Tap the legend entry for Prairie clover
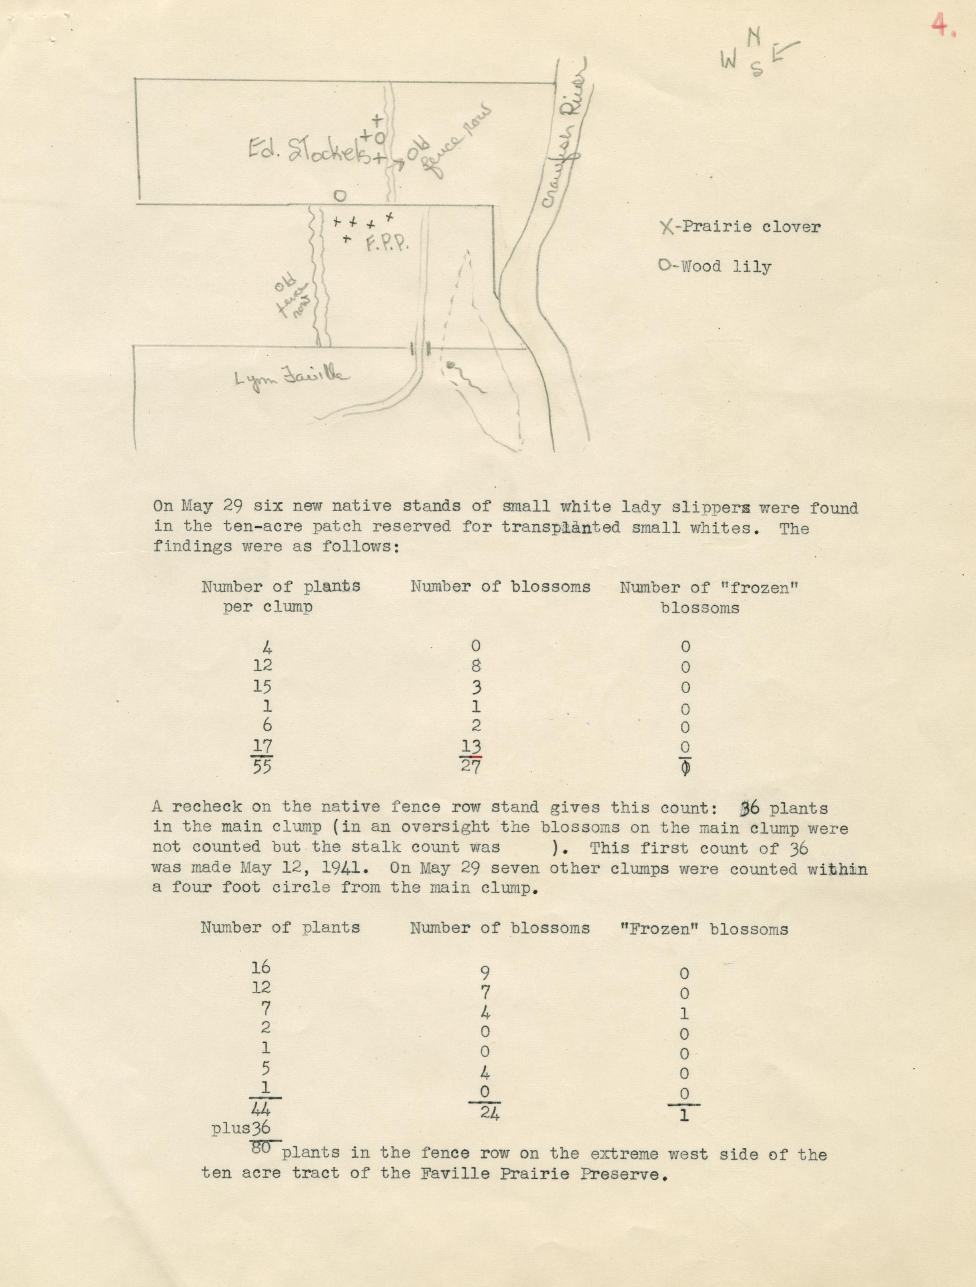pos(740,226)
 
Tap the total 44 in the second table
pos(261,1109)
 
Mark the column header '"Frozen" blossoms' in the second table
pos(705,929)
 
